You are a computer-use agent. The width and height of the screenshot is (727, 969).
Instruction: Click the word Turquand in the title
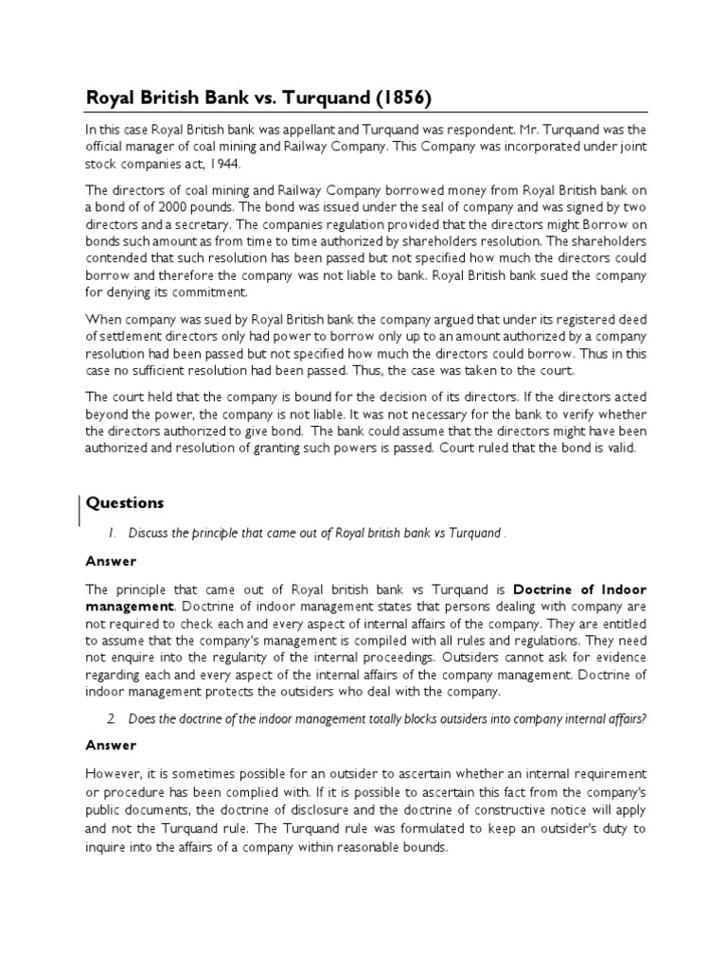[310, 97]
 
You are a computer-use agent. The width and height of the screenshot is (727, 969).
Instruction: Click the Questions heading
[125, 502]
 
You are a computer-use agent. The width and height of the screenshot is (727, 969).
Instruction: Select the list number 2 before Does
[111, 718]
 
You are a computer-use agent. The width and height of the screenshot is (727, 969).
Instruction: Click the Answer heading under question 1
[111, 560]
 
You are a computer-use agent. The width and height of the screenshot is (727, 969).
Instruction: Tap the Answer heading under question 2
[111, 746]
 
